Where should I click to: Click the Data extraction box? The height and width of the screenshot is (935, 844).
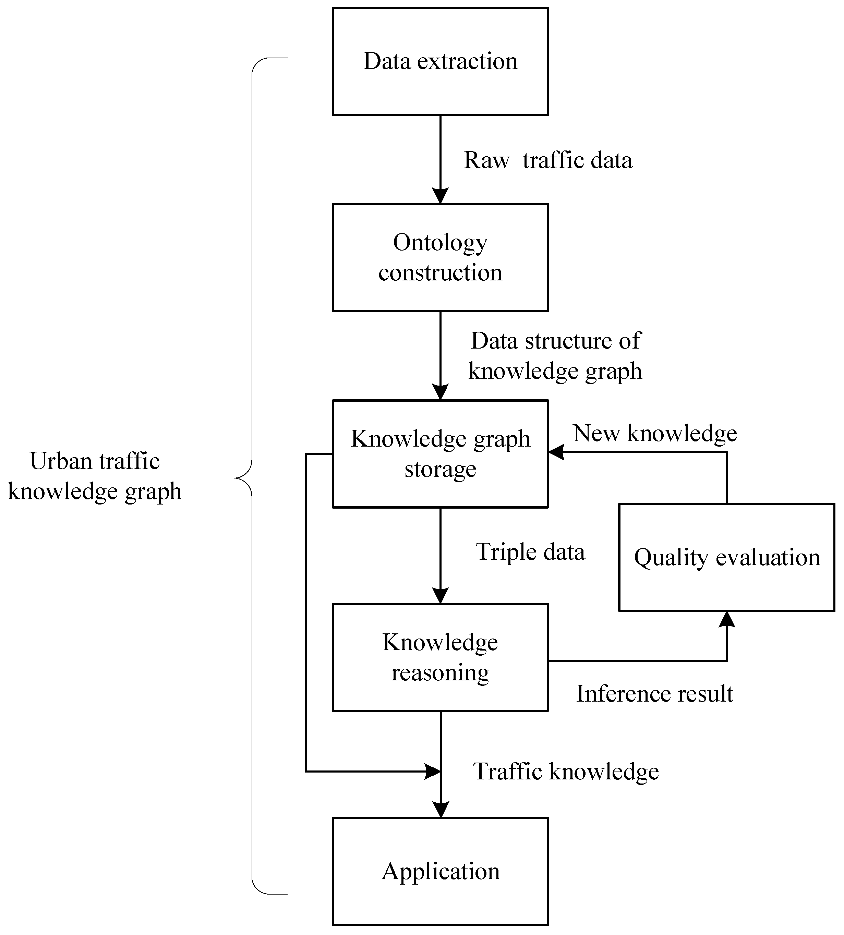click(x=440, y=61)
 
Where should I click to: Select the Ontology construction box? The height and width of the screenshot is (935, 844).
click(x=440, y=257)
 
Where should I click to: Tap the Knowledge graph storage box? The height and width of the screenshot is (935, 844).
click(x=440, y=454)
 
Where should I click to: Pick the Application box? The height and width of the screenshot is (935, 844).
click(x=440, y=872)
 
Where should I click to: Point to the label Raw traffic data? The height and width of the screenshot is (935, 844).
click(x=548, y=160)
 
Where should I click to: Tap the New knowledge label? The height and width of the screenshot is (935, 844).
click(x=654, y=434)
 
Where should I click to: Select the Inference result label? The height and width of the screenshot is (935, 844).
click(x=654, y=694)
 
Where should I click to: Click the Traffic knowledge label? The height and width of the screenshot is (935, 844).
click(x=565, y=772)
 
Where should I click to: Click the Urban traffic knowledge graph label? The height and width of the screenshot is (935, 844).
click(x=95, y=476)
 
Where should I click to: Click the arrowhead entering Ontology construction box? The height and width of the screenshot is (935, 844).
click(x=440, y=196)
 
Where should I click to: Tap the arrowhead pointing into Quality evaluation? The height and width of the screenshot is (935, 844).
click(x=727, y=620)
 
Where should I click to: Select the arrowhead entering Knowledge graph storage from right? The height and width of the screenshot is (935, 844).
click(x=556, y=452)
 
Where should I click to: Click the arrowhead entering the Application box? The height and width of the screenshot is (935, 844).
click(x=441, y=810)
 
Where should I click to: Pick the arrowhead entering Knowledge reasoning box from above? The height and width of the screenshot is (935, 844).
click(x=440, y=596)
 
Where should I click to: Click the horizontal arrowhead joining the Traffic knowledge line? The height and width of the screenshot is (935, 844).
click(x=432, y=772)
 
